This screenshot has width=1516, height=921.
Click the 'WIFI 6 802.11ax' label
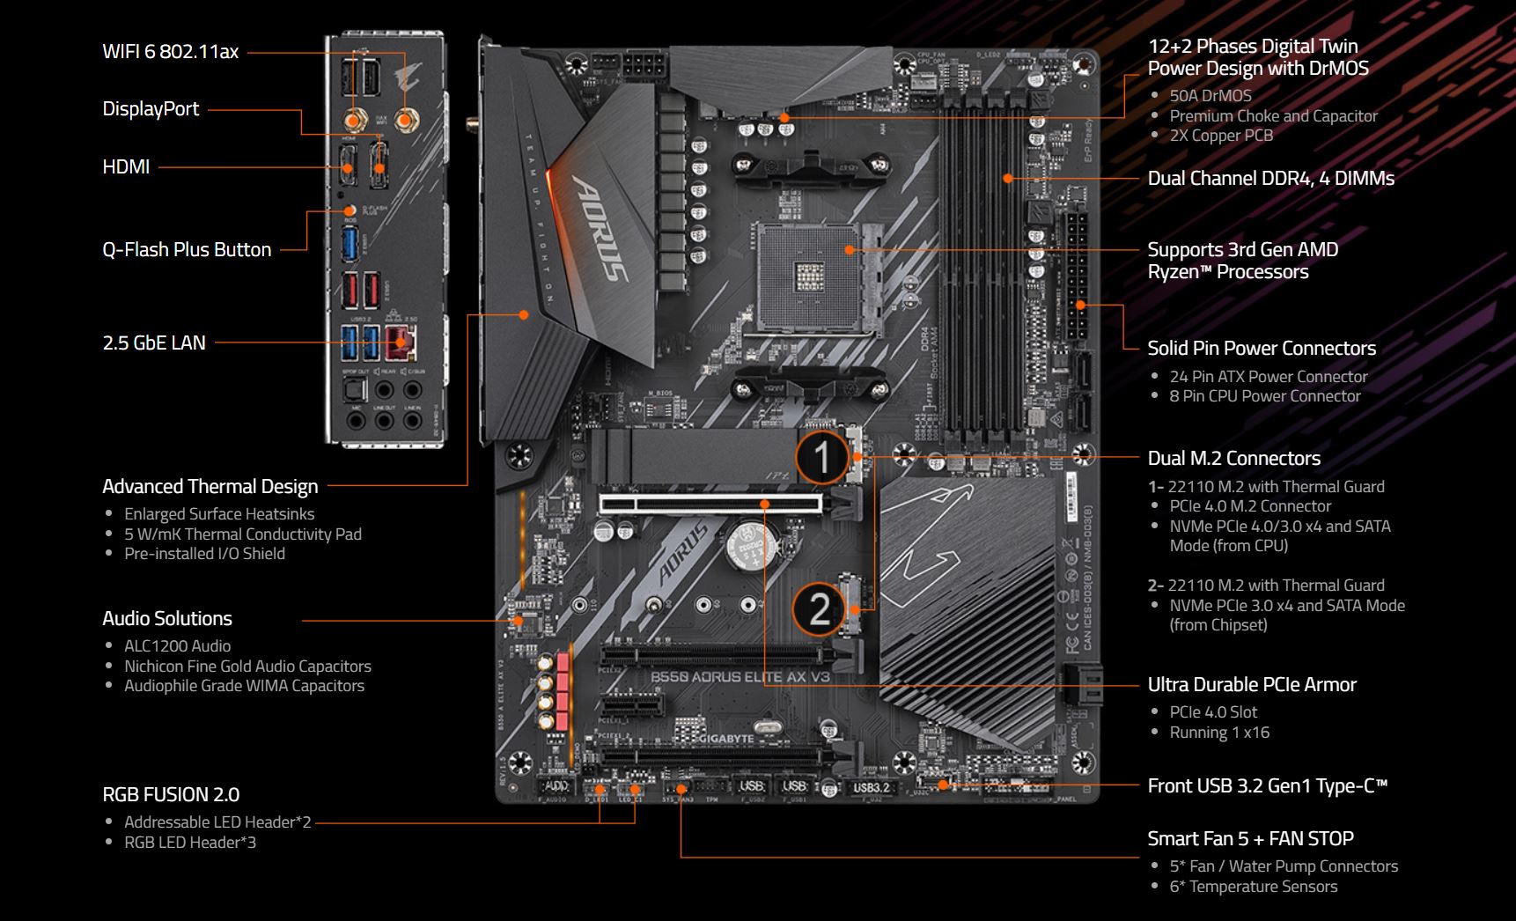[x=170, y=51]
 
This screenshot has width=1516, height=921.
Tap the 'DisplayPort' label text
[x=151, y=109]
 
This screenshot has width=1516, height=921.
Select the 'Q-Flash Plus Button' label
[x=187, y=250]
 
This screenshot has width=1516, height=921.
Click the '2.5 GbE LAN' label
[x=154, y=343]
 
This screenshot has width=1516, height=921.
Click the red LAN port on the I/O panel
[x=401, y=343]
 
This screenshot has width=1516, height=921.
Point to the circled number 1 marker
[x=821, y=458]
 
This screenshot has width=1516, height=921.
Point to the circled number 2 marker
[x=819, y=608]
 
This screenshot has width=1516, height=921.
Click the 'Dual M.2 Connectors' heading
[x=1233, y=459]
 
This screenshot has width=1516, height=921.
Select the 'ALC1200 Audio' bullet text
[x=177, y=646]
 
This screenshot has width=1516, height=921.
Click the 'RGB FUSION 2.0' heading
[x=171, y=795]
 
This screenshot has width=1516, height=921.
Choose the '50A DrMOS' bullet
[x=1210, y=96]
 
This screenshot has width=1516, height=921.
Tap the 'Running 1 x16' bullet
[x=1218, y=733]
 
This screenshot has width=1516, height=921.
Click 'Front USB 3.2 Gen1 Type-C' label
[x=1267, y=786]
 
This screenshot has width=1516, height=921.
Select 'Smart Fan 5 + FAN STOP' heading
[x=1250, y=839]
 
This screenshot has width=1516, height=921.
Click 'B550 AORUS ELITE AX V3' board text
[x=740, y=677]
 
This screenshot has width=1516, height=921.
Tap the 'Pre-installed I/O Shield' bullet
[x=204, y=554]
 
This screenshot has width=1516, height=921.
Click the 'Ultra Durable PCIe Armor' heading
[x=1251, y=685]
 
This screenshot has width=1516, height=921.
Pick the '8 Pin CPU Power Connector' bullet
[x=1264, y=396]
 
